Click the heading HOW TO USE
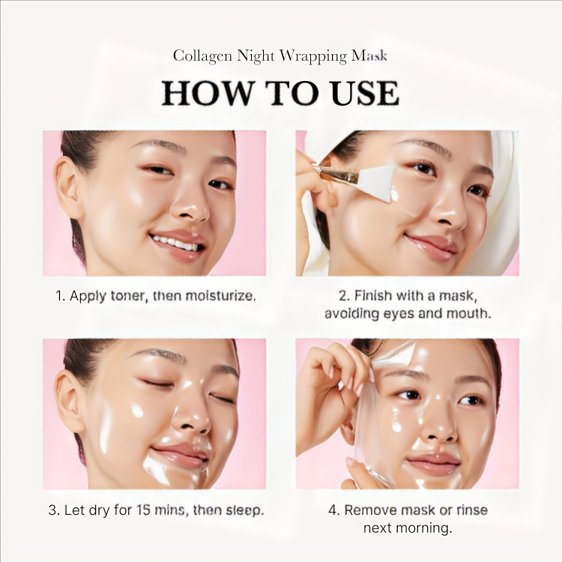click(280, 93)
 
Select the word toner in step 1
click(129, 295)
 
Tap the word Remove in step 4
click(370, 510)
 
